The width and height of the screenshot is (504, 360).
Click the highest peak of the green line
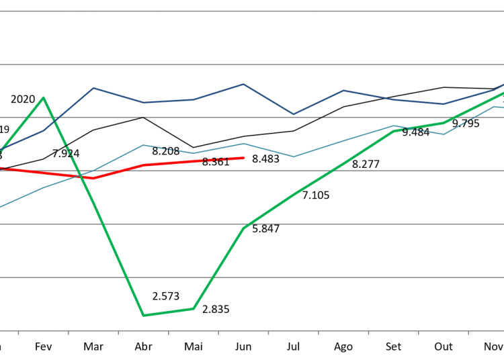click(44, 98)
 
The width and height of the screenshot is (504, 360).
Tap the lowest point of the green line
click(143, 315)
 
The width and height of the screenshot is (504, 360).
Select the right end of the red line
click(244, 158)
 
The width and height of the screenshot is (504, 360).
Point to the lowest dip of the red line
click(93, 178)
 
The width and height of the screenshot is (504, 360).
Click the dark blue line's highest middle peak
click(243, 85)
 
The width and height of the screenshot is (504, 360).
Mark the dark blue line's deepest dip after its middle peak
click(293, 114)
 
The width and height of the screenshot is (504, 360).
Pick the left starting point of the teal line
click(1, 206)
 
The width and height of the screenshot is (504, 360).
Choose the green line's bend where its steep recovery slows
click(243, 228)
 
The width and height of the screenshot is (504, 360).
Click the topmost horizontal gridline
click(252, 11)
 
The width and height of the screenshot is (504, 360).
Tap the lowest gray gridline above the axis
click(252, 277)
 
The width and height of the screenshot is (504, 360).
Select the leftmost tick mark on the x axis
click(18, 332)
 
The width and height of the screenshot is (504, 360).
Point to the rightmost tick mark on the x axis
click(468, 332)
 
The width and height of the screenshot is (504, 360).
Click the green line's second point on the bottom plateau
click(194, 308)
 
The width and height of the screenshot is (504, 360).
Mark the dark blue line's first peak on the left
click(93, 88)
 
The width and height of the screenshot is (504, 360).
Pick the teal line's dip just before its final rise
click(444, 134)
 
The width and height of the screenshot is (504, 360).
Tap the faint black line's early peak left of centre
click(143, 118)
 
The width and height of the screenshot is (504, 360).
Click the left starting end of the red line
click(1, 168)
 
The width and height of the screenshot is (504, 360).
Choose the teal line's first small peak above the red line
click(143, 145)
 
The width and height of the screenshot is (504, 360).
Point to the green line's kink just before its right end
click(444, 123)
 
